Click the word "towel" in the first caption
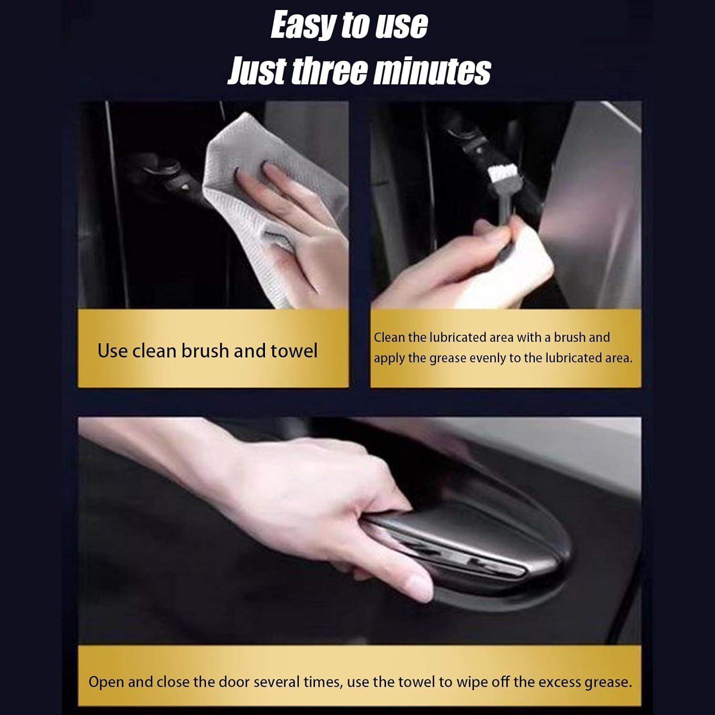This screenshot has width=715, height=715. (294, 351)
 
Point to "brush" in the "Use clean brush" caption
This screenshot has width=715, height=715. (205, 351)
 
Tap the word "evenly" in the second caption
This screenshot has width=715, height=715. (488, 358)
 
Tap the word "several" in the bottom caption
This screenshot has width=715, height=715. (281, 682)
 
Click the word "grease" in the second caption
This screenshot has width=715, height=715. (448, 359)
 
